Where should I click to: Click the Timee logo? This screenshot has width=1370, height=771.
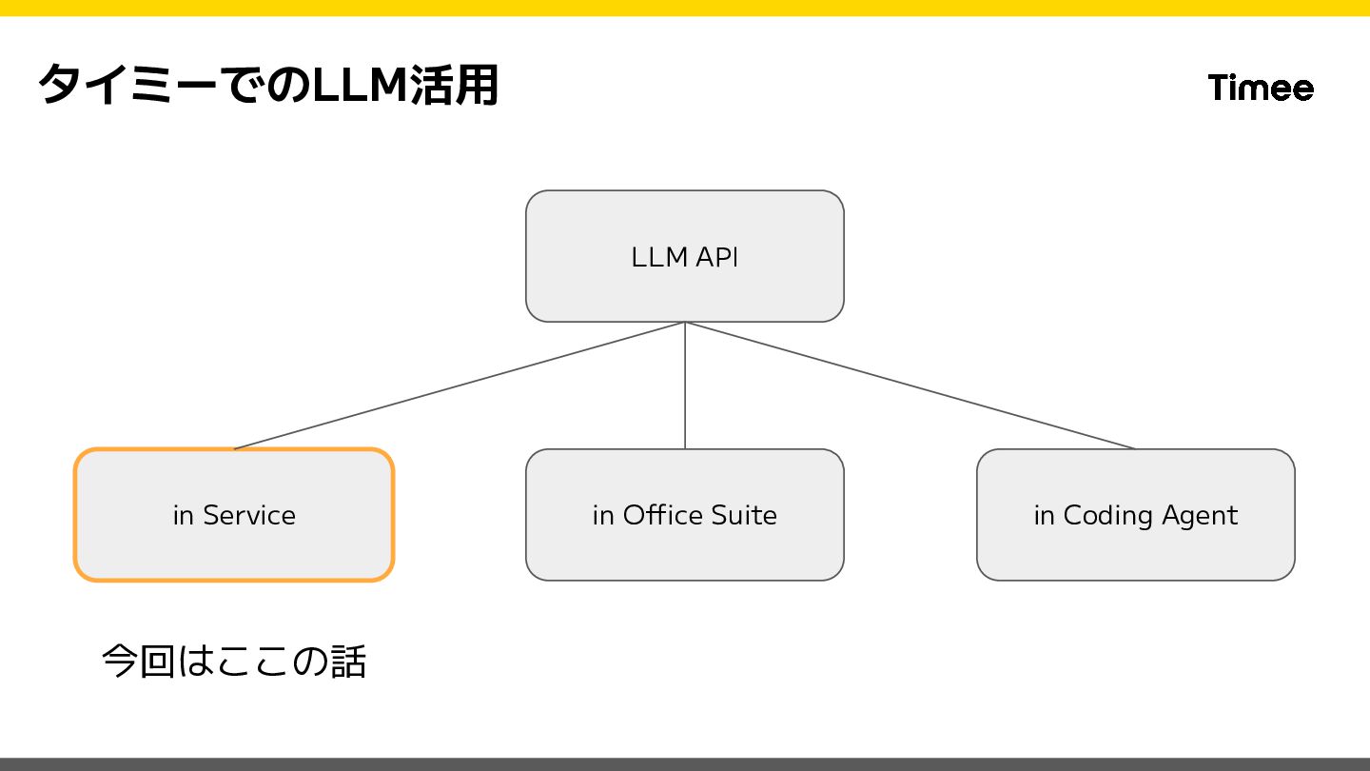tap(1261, 88)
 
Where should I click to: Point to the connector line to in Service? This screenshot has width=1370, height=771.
tap(460, 385)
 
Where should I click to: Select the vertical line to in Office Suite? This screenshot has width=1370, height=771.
tap(685, 385)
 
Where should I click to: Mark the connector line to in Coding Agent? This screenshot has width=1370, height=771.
tap(910, 385)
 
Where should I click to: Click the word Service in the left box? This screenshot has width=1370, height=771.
tap(249, 515)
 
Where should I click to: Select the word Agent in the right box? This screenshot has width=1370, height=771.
tap(1199, 515)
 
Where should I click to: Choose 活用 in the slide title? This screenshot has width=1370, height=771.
tap(454, 86)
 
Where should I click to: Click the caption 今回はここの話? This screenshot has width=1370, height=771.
tap(233, 662)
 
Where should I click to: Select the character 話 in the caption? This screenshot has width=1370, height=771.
tap(348, 662)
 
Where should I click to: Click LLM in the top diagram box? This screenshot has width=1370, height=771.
tap(658, 257)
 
